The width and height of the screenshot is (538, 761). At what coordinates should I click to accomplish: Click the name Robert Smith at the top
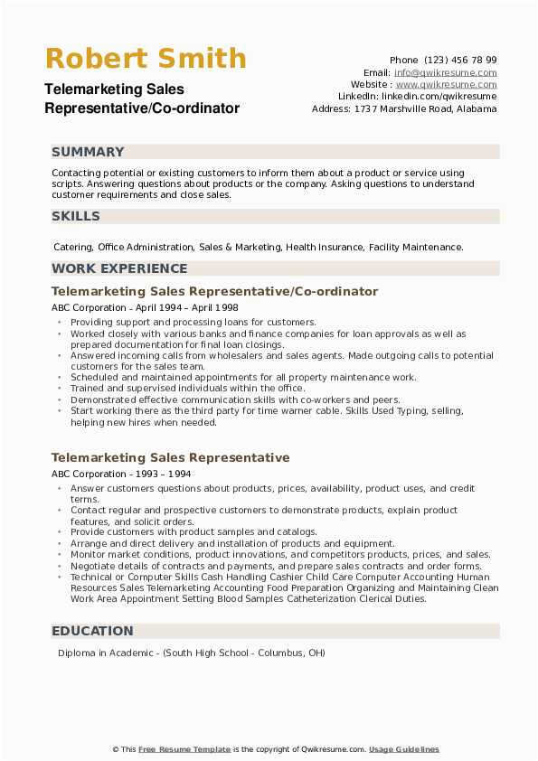pos(146,59)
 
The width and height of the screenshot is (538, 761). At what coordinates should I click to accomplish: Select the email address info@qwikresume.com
pos(445,72)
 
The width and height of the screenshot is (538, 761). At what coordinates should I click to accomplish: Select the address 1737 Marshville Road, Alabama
pos(421,108)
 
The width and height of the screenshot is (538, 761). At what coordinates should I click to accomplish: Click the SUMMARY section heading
pos(89,152)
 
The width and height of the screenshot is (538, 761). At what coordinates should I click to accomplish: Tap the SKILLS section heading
pos(76,216)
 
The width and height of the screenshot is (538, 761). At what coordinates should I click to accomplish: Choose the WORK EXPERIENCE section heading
pos(119,268)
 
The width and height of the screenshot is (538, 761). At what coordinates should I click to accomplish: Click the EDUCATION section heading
pos(92,631)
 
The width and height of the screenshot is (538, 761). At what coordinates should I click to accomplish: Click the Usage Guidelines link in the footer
pos(404,749)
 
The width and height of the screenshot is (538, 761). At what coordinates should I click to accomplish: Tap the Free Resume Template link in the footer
pos(184,749)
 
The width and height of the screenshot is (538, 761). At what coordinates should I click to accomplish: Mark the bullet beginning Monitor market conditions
pos(280,555)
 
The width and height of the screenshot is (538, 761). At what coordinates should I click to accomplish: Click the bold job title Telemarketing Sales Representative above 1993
pos(171,457)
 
